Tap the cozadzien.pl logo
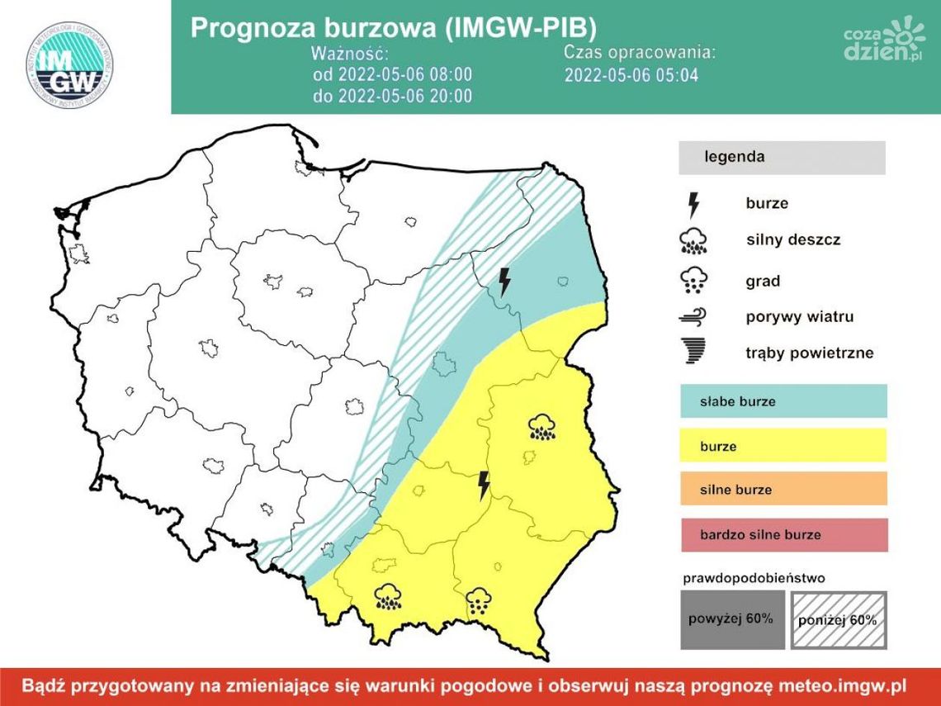click(x=882, y=42)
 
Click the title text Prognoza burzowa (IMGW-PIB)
click(x=393, y=27)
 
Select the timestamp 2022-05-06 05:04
click(x=631, y=75)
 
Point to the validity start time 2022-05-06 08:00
click(x=392, y=74)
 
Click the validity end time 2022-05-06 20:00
click(x=392, y=96)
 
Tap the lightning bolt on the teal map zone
click(x=504, y=282)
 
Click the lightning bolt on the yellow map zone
click(x=485, y=486)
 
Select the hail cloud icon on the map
click(x=479, y=602)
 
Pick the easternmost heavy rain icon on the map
click(x=541, y=427)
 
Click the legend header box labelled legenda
click(x=781, y=157)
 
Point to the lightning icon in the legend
click(x=693, y=204)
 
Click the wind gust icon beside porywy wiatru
click(x=693, y=316)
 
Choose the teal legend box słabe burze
click(x=783, y=401)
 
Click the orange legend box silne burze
click(x=783, y=489)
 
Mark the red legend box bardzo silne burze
click(x=783, y=534)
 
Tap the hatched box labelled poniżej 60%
click(x=839, y=619)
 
